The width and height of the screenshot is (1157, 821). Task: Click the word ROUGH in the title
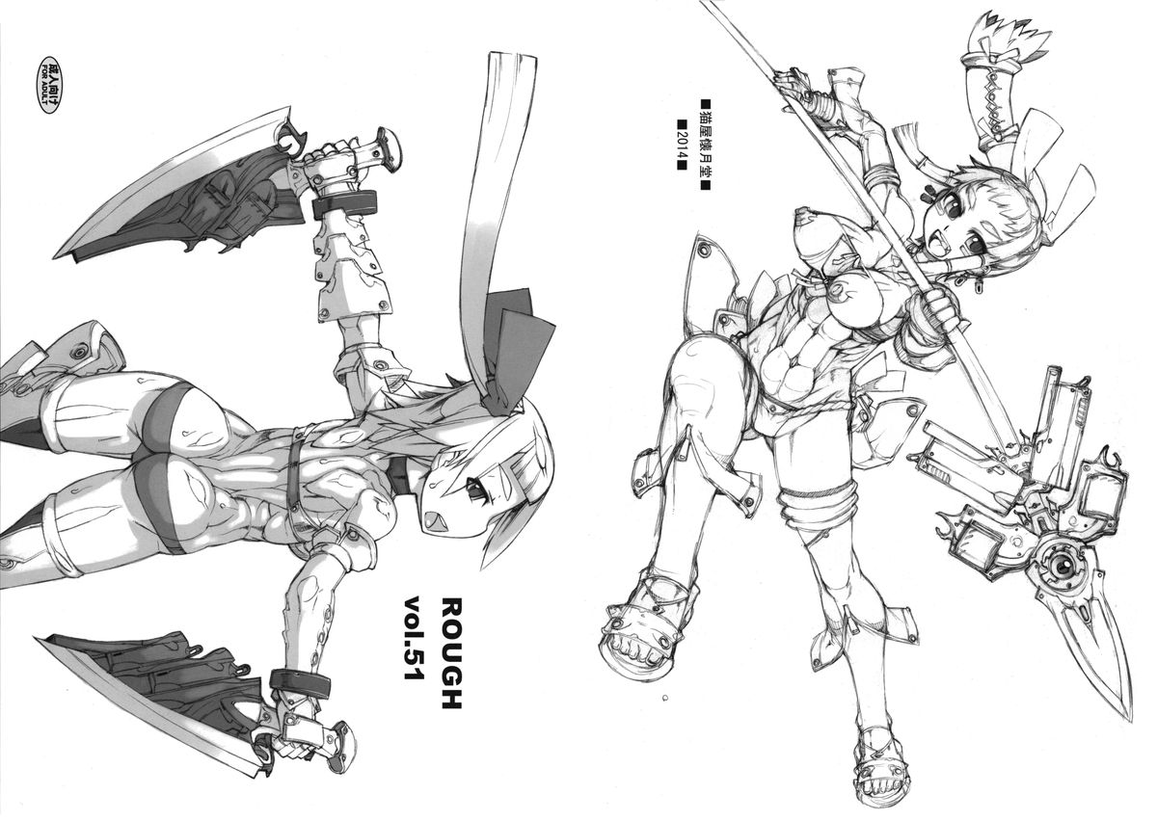(x=450, y=653)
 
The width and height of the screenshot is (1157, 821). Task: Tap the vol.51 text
(x=414, y=638)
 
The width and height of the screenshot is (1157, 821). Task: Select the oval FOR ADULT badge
(x=49, y=85)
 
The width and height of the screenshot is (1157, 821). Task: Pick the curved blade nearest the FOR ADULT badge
(x=175, y=186)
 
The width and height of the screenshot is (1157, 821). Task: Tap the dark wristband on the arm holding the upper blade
(x=344, y=204)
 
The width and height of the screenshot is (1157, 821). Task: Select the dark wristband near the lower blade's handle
(x=300, y=682)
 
